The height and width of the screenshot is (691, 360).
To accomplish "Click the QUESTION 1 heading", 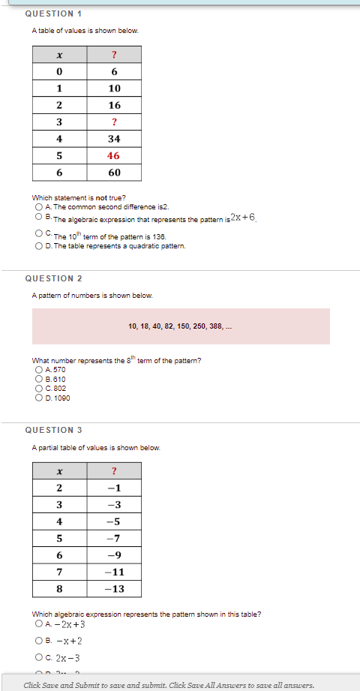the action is pos(53,14).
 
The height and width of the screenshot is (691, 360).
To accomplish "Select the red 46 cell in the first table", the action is pos(114,155).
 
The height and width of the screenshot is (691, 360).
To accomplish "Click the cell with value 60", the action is pos(114,173).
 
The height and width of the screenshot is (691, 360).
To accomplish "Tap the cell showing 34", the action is pos(114,139).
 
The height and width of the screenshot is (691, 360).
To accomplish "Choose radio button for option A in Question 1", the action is pos(38,206).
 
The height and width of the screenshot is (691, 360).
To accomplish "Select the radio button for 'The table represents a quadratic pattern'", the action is pos(38,246).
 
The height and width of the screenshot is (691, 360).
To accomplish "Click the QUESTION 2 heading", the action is pos(53,278).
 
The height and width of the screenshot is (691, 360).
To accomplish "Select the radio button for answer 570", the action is pos(38,370).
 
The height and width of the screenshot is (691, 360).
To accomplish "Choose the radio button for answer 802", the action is pos(38,388).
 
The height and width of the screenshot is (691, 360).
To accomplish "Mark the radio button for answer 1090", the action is pos(38,398).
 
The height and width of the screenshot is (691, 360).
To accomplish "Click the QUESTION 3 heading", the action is pos(53,430).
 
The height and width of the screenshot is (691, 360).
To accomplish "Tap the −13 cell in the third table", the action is pos(114,589).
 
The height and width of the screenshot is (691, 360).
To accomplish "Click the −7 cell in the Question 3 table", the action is pos(114,538).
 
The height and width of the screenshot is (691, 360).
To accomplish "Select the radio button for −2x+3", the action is pos(38,624).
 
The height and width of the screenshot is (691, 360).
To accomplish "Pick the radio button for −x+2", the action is pos(38,641).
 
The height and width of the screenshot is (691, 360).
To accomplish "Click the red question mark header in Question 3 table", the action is pos(114,471).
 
